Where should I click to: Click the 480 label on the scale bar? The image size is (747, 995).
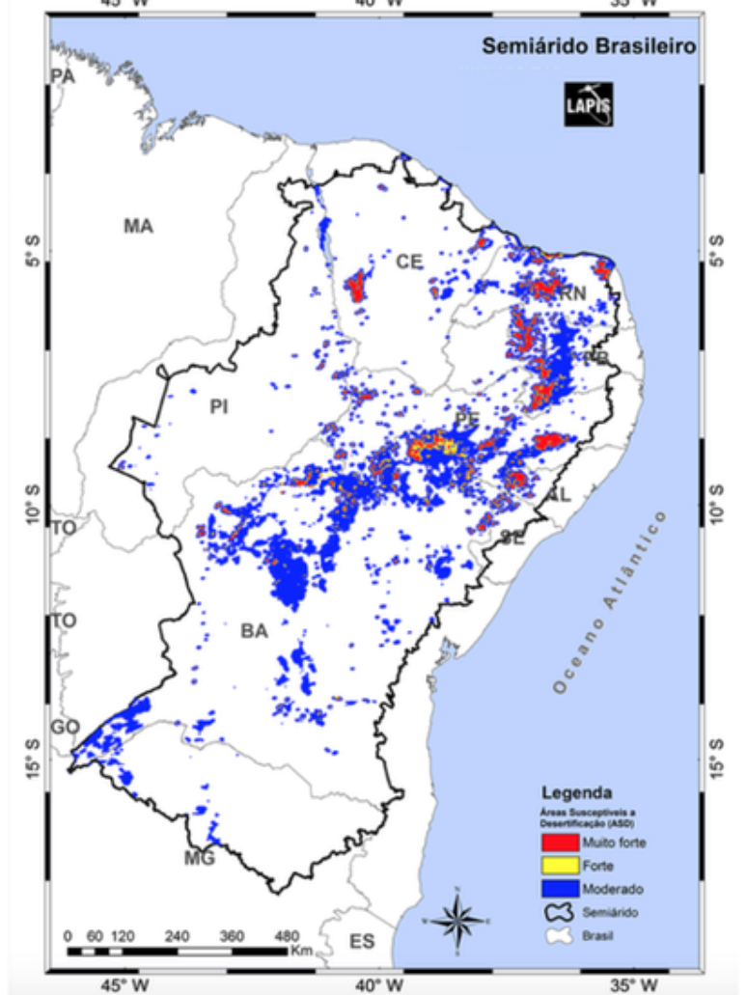click(x=287, y=935)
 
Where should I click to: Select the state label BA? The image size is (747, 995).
click(x=254, y=631)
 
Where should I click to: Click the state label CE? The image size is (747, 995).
click(x=409, y=262)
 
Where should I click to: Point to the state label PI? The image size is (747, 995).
click(x=219, y=407)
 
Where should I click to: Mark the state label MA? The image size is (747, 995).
click(x=138, y=226)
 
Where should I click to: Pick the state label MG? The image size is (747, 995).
click(x=200, y=858)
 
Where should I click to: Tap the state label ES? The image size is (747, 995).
click(x=362, y=941)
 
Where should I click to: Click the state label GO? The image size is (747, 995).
click(x=66, y=727)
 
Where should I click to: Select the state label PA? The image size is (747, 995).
click(x=63, y=76)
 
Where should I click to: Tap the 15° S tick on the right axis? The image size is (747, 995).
click(x=715, y=758)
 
